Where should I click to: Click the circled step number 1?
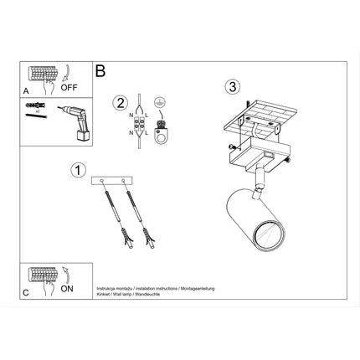click(x=77, y=169)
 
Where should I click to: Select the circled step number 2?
click(x=121, y=103)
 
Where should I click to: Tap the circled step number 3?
click(x=233, y=86)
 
